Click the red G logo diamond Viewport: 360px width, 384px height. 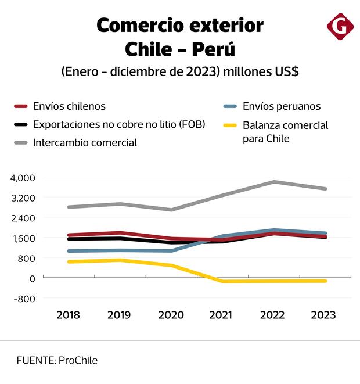(x=340, y=26)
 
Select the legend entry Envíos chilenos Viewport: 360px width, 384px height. (x=69, y=106)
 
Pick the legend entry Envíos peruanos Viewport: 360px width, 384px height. (x=282, y=106)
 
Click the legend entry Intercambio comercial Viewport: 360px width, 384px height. (x=85, y=142)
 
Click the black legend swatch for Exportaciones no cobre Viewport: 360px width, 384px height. (x=21, y=124)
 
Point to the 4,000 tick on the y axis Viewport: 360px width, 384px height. (x=23, y=177)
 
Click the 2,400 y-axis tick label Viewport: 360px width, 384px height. (x=23, y=218)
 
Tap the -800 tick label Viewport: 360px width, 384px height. (x=24, y=299)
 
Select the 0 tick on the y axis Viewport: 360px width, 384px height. (x=33, y=278)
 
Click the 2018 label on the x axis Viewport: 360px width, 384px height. (x=69, y=315)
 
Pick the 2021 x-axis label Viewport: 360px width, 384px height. (x=221, y=315)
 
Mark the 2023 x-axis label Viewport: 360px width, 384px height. (x=323, y=315)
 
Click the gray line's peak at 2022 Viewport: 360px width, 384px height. (x=272, y=182)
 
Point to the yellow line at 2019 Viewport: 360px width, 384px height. (x=120, y=260)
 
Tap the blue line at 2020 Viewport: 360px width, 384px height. (x=170, y=250)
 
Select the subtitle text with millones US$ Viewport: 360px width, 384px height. (x=259, y=72)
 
